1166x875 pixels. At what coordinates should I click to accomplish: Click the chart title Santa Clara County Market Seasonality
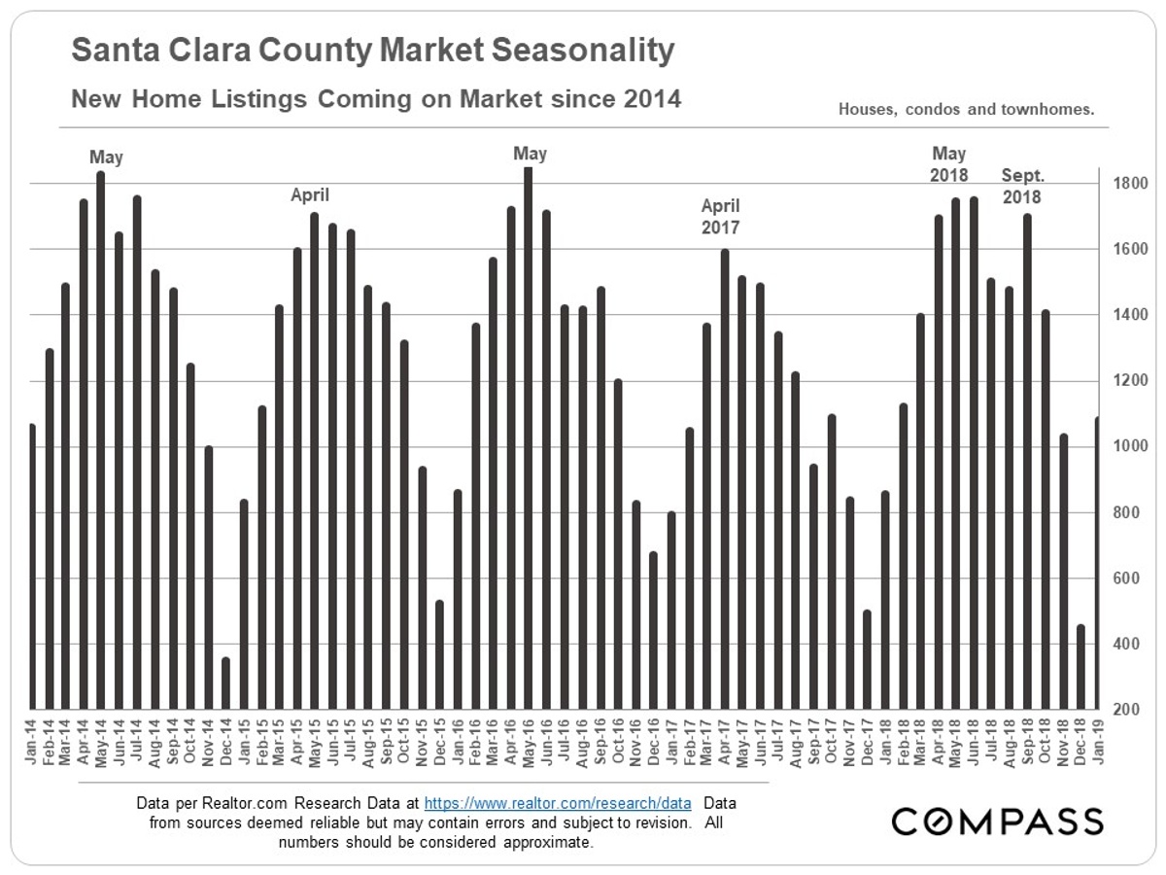[x=373, y=51]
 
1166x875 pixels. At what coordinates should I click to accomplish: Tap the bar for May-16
[x=528, y=437]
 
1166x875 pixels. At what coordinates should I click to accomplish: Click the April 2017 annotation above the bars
[x=721, y=217]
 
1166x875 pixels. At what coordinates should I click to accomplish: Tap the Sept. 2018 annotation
[x=1021, y=186]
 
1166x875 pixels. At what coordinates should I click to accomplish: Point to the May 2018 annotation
[x=948, y=164]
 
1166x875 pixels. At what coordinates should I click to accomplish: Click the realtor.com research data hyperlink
[x=558, y=805]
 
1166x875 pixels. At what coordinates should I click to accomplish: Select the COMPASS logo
[x=998, y=821]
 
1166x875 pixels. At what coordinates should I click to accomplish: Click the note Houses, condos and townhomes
[x=966, y=110]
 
